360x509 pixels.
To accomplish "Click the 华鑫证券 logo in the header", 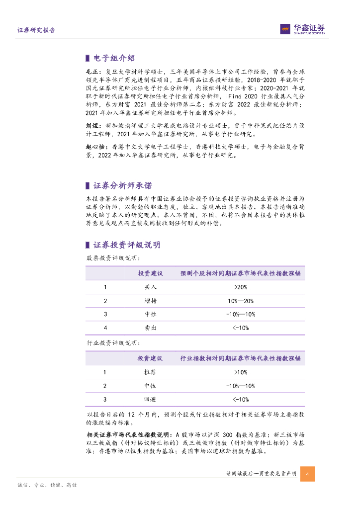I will click(302, 29).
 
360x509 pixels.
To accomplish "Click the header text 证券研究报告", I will click(36, 30).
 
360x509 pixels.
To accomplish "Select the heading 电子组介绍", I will click(114, 59).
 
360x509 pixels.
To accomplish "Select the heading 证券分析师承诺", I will click(123, 185).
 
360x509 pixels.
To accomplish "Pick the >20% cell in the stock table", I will click(240, 287).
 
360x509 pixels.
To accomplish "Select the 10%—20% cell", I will click(240, 301).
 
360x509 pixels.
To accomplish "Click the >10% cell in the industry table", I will click(240, 372).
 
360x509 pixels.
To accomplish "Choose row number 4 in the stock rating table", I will click(105, 328).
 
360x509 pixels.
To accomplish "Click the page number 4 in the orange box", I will click(307, 474).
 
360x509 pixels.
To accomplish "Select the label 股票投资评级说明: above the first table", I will click(113, 258).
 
